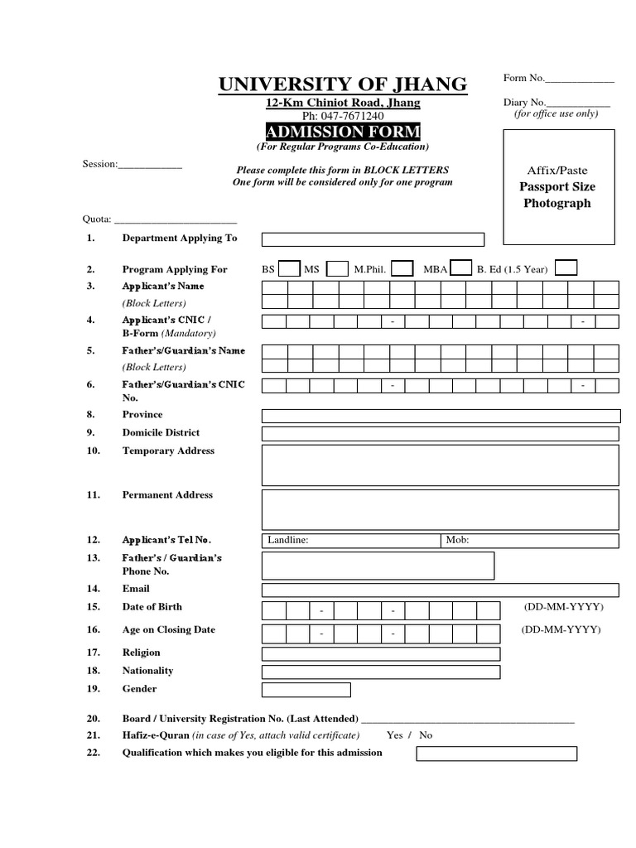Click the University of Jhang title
click(x=342, y=84)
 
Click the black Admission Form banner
click(x=342, y=132)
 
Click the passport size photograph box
click(x=557, y=187)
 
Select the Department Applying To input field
click(x=373, y=239)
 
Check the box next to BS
click(x=289, y=268)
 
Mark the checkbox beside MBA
click(x=462, y=268)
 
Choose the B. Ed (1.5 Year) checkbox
click(x=566, y=268)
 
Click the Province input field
click(x=441, y=416)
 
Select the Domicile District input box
click(x=441, y=434)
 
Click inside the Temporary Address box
click(x=441, y=465)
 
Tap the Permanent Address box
click(x=441, y=509)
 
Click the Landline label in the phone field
click(x=288, y=541)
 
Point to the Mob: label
click(x=458, y=541)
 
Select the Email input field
click(x=441, y=590)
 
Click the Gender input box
click(x=306, y=690)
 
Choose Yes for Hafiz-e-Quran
click(x=395, y=735)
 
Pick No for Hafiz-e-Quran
click(x=426, y=735)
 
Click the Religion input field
click(x=381, y=654)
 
